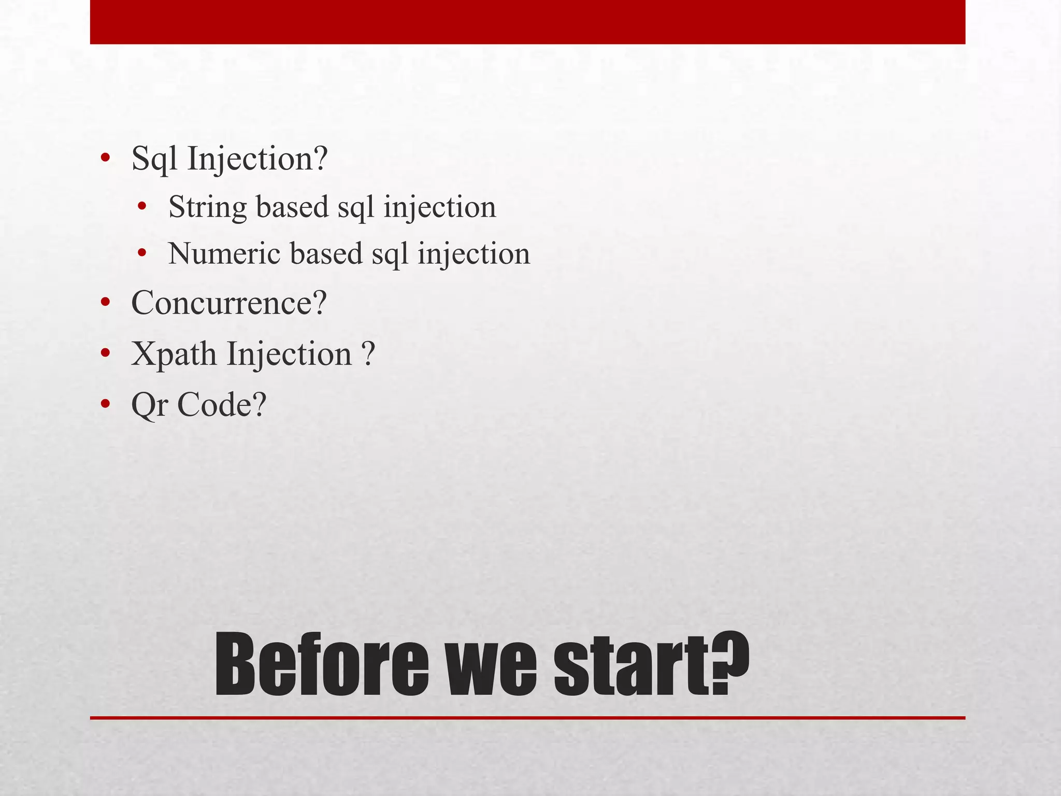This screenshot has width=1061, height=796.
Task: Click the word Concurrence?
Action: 229,303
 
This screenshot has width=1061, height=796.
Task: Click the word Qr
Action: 150,405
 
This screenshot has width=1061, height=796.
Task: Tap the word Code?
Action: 222,405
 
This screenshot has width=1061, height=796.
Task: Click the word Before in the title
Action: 322,666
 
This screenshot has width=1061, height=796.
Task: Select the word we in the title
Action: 492,666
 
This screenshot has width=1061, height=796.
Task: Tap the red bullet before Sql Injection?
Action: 105,159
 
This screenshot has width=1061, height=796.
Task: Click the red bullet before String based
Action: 142,207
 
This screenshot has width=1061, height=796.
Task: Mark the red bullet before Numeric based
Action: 142,254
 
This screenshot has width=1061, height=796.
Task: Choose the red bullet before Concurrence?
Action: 105,303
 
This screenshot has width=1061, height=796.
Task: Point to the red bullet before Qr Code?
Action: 105,404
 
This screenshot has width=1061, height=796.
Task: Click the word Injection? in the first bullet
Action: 257,159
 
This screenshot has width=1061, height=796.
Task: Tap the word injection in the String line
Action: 440,207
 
